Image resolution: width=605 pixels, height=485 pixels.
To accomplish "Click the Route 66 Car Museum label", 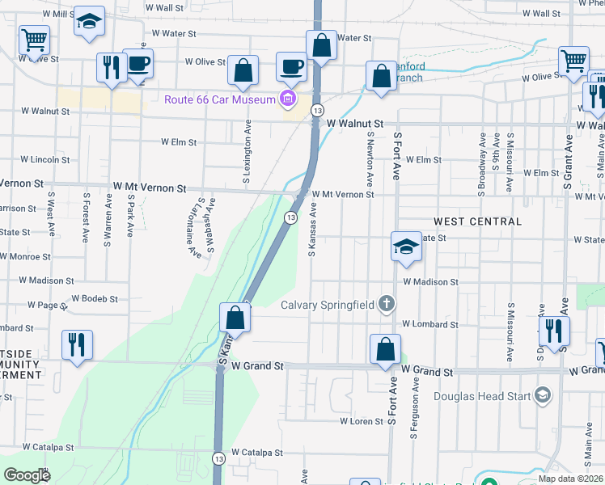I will tap(219, 99).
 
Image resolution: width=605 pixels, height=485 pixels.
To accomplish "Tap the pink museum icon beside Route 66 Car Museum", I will tap(286, 100).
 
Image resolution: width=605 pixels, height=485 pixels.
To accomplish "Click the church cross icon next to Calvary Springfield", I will tap(387, 304).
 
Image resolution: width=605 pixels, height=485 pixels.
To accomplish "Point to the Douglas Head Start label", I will tap(483, 396).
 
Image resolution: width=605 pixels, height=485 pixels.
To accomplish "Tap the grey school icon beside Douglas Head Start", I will tap(543, 395).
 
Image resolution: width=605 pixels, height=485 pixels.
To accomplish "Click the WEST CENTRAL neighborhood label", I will tap(477, 221).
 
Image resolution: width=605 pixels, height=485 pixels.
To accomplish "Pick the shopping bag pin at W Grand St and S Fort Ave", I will tap(386, 350).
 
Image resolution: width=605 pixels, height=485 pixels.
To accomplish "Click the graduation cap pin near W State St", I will tap(406, 247).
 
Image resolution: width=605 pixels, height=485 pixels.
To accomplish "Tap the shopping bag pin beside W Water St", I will tap(321, 46).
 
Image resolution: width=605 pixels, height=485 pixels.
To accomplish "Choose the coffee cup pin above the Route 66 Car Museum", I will tap(291, 67).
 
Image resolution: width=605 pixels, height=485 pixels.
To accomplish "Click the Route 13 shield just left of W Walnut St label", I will tap(317, 110).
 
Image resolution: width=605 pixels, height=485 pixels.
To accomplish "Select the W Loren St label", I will tap(361, 421).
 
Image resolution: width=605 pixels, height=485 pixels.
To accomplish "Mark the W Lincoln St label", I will tap(45, 160).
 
